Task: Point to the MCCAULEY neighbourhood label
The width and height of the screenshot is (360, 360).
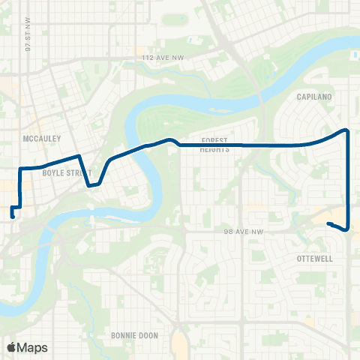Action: coord(43,138)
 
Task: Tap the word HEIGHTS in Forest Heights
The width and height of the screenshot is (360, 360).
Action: coord(214,149)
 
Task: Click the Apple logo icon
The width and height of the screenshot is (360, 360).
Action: coord(10,347)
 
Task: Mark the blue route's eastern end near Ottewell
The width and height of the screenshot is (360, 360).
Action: coord(328,223)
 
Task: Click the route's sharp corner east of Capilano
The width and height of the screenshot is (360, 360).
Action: coord(347,130)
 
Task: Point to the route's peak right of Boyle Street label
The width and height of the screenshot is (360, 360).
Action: coord(78,156)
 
